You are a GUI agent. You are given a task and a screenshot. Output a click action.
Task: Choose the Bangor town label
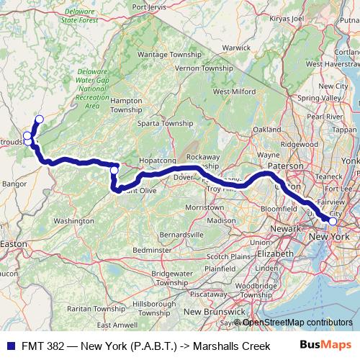[14, 184]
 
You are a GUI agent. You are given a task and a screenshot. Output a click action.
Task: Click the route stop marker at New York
[333, 221]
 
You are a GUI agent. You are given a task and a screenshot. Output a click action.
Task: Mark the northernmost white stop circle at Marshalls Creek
[39, 120]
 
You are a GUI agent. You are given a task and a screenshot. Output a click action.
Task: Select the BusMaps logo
[325, 346]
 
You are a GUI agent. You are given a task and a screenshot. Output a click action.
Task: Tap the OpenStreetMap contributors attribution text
[296, 323]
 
